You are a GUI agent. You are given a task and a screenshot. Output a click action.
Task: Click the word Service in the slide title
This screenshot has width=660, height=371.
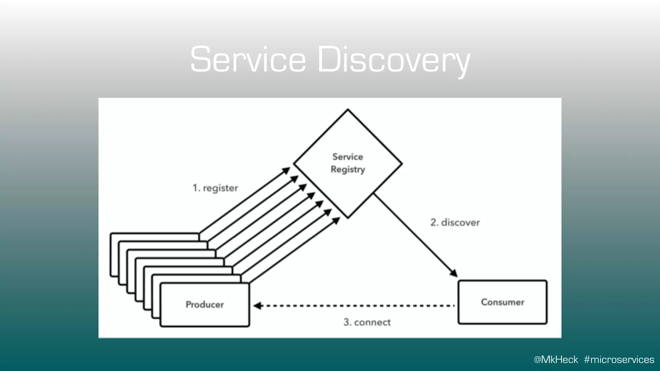(247, 60)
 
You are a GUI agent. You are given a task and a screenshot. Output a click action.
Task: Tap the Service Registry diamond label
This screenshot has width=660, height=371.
(348, 163)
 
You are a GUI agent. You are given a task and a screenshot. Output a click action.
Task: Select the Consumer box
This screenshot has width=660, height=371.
(502, 302)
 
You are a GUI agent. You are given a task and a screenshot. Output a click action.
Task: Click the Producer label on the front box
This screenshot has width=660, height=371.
(205, 304)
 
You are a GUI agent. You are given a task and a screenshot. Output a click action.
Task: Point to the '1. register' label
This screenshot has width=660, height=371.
(215, 188)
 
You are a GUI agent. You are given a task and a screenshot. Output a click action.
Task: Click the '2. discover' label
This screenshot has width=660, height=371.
(455, 222)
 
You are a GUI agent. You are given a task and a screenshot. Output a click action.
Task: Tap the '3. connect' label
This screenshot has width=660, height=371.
(367, 322)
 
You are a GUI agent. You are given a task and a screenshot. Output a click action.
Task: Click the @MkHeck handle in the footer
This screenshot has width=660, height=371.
(556, 359)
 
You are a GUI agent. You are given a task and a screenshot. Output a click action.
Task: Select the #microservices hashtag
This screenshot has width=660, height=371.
(619, 359)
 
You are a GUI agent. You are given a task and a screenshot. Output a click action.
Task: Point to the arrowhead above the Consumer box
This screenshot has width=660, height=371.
(454, 273)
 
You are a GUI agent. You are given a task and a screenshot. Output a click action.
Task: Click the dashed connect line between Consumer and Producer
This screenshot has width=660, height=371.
(354, 305)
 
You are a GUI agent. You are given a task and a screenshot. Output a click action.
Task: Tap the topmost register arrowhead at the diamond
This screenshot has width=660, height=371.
(286, 170)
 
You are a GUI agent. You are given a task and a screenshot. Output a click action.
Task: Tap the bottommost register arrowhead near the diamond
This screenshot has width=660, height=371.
(336, 221)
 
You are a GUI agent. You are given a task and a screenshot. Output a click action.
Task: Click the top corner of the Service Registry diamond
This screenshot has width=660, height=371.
(348, 109)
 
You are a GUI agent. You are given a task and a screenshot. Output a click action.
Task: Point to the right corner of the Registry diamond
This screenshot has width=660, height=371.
(402, 164)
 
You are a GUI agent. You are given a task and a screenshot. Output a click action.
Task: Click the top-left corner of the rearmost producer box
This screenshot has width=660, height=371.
(111, 234)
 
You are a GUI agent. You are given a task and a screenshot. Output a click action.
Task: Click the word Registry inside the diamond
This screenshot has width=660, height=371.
(348, 169)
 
